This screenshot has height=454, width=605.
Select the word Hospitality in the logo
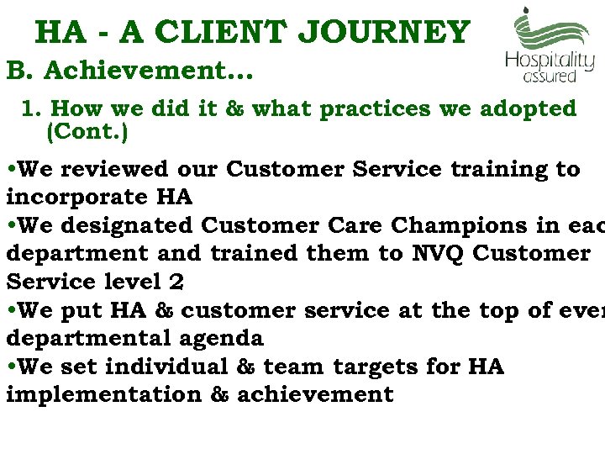click(550, 61)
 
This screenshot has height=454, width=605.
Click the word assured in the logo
click(550, 76)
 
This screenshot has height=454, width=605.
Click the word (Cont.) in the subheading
click(88, 133)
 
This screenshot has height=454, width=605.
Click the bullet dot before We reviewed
click(10, 170)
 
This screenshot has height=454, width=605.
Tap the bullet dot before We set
click(10, 368)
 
